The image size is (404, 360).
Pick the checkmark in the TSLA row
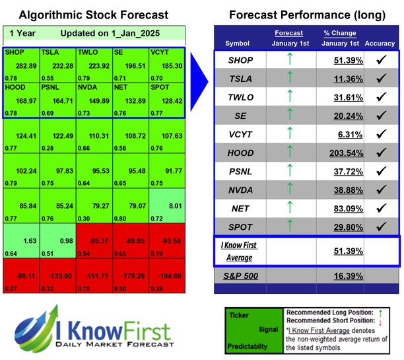point(380,78)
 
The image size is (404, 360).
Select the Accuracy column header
point(380,44)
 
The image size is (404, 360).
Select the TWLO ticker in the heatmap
point(89,50)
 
